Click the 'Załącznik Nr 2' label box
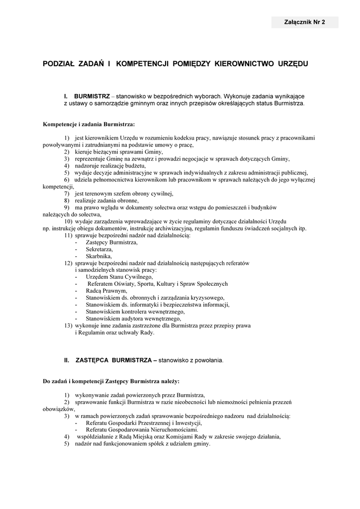(x=304, y=22)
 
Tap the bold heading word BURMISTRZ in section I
(x=91, y=95)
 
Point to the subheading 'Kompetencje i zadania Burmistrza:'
(x=89, y=124)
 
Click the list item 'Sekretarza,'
(x=99, y=249)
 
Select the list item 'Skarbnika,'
(x=98, y=256)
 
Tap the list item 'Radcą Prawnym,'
(x=106, y=291)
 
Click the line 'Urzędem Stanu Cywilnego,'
(x=119, y=277)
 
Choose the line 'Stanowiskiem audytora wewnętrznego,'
(x=133, y=319)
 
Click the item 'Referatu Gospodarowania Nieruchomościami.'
(x=142, y=429)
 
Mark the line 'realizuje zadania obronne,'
(x=107, y=200)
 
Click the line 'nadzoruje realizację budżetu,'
(x=110, y=166)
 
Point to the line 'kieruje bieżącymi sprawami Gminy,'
(x=119, y=152)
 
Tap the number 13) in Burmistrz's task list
(x=68, y=326)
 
